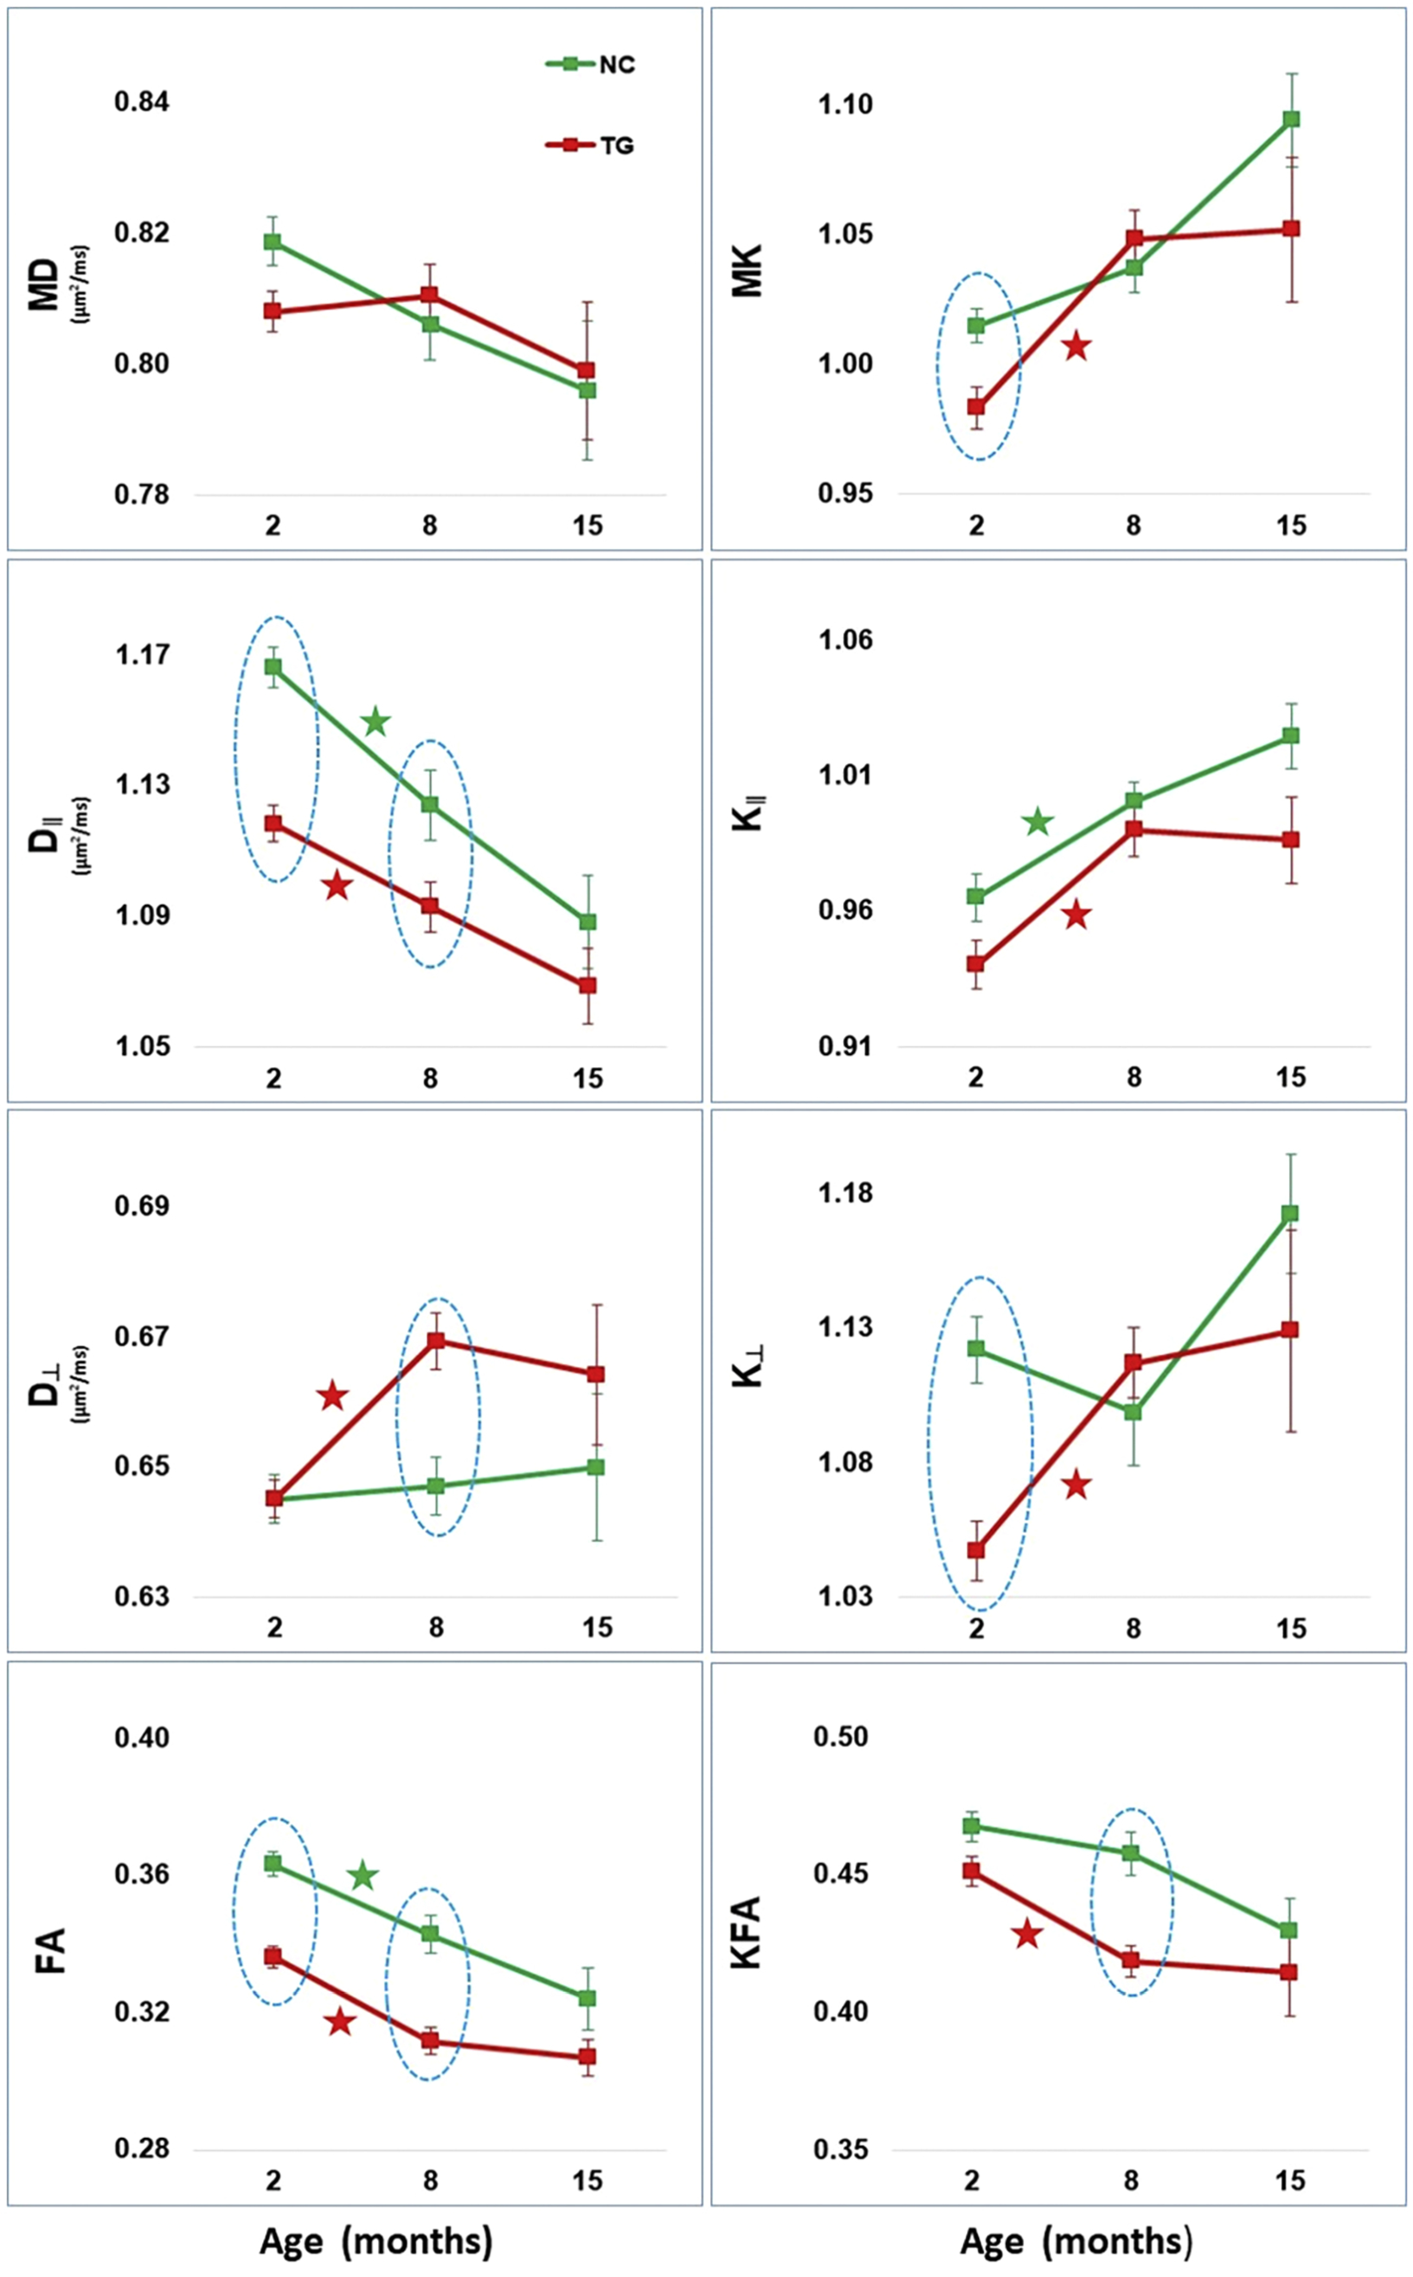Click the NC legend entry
point(590,65)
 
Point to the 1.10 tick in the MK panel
point(846,104)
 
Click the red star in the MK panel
point(1077,346)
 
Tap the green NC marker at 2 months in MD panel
point(272,241)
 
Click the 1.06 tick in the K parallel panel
point(846,640)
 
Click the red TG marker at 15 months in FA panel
point(587,2056)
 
